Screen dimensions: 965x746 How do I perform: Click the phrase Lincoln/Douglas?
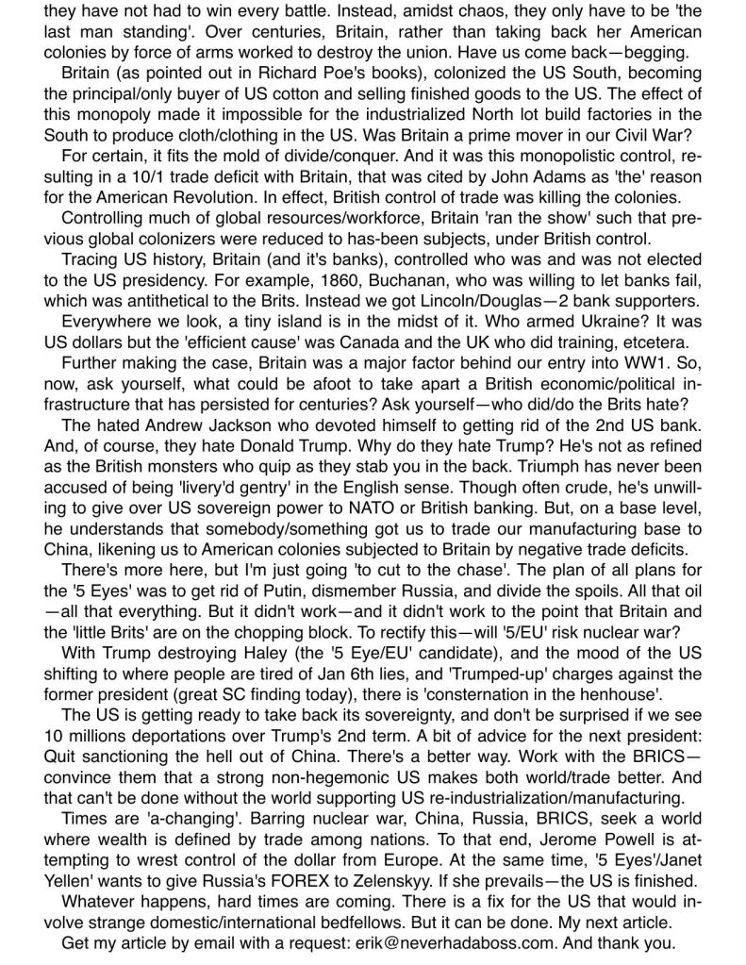click(x=491, y=302)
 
